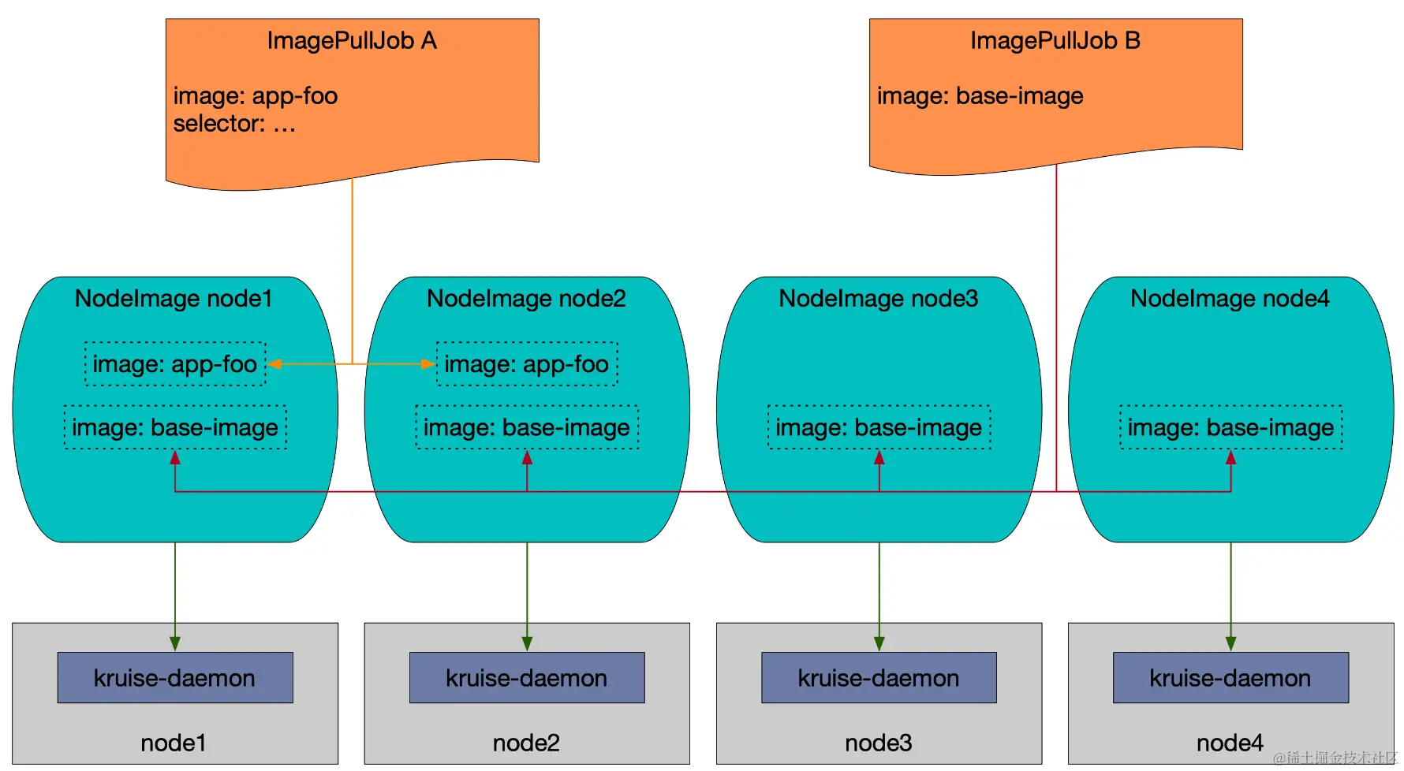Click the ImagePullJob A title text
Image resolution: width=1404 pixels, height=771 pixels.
[x=352, y=40]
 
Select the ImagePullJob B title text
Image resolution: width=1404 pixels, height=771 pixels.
[x=1055, y=40]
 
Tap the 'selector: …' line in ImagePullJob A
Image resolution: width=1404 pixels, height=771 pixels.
[x=234, y=124]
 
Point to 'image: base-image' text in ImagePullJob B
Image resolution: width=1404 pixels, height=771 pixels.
[x=980, y=96]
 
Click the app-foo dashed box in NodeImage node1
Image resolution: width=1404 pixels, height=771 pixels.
[x=175, y=363]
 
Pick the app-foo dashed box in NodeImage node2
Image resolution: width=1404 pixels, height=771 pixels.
[x=527, y=363]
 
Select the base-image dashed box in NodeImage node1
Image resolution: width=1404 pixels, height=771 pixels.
[x=175, y=427]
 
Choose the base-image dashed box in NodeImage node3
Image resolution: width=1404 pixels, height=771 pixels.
[x=879, y=427]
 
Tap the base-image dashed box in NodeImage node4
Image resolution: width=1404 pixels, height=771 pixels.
[x=1230, y=427]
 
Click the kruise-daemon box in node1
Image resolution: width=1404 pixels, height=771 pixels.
[x=175, y=677]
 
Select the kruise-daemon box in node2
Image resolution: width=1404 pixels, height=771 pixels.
[x=527, y=677]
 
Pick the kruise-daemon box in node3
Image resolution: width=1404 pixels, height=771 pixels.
[x=879, y=677]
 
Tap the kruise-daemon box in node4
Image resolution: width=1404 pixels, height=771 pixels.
[x=1230, y=677]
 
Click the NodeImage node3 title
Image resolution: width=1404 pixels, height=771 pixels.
[x=879, y=299]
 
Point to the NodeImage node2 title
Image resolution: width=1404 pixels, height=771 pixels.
[x=526, y=299]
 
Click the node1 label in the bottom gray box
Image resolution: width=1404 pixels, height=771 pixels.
[x=174, y=743]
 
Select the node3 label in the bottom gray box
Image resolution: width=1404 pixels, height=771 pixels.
[x=879, y=743]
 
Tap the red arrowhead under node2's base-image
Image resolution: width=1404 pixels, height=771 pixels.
[x=527, y=457]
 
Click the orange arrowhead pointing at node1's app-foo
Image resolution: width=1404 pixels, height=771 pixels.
[x=274, y=363]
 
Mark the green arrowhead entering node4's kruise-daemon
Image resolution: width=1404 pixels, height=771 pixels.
[x=1230, y=644]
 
